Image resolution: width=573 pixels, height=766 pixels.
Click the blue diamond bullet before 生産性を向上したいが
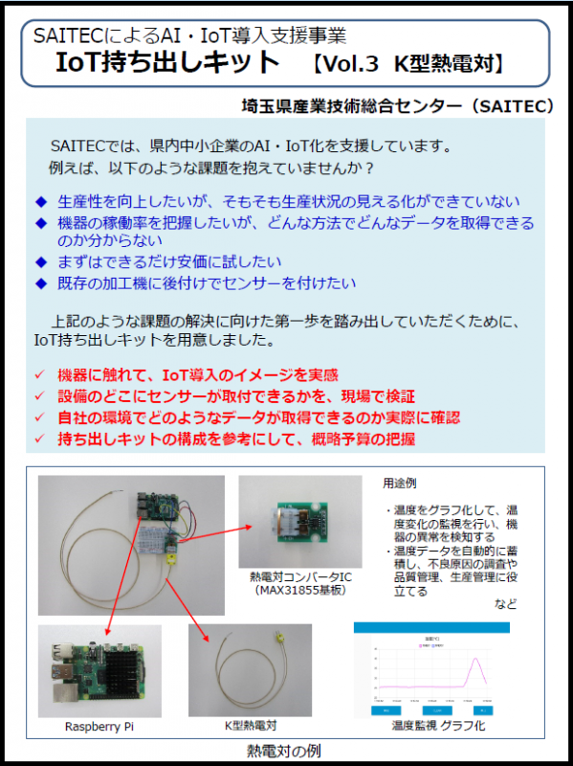[x=40, y=202]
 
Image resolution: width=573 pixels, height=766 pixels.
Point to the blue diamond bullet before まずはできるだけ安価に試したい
[x=40, y=261]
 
